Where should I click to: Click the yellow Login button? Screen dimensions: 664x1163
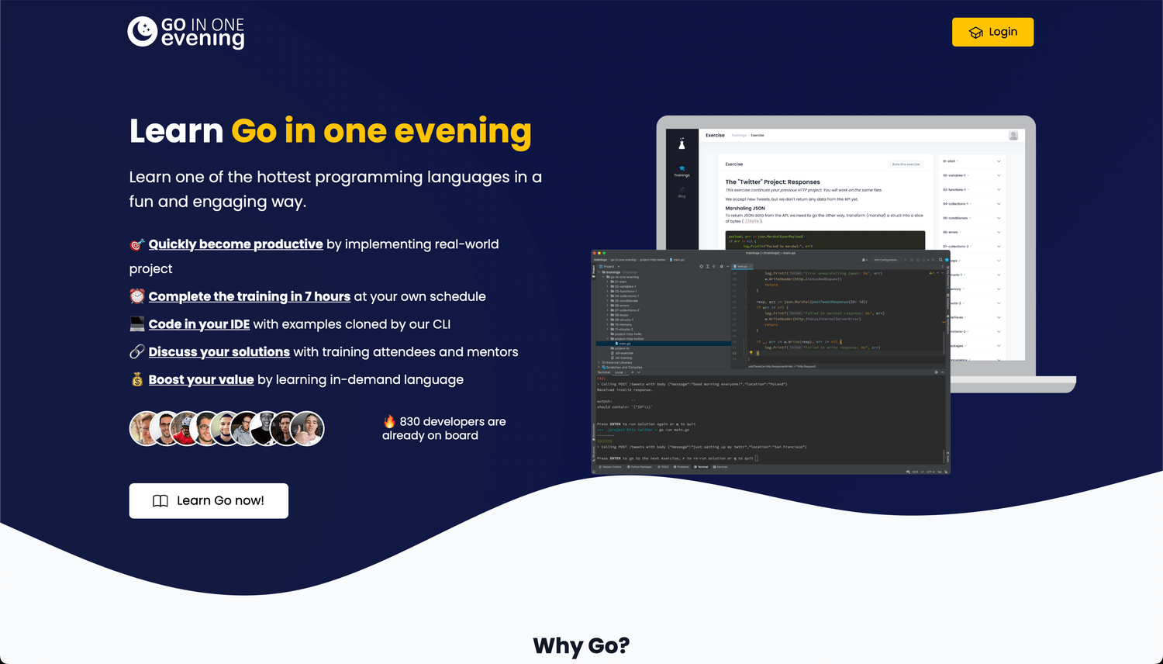[x=992, y=32]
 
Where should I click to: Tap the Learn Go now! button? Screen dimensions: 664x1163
[x=209, y=501]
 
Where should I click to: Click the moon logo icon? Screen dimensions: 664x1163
[x=143, y=32]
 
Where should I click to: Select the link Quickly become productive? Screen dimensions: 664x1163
[x=236, y=244]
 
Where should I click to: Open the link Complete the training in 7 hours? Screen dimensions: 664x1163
[x=250, y=296]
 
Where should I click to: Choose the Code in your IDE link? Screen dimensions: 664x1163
[x=199, y=324]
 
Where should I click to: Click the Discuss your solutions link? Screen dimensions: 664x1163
[x=219, y=352]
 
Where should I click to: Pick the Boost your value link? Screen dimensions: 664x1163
[x=202, y=380]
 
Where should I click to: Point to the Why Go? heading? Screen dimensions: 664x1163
[x=581, y=645]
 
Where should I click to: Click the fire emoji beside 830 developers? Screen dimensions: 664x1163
[x=389, y=421]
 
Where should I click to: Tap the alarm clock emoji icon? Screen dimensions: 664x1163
[x=137, y=296]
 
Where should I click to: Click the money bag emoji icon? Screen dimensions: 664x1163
[x=137, y=380]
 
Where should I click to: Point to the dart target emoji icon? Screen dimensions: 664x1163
[x=137, y=245]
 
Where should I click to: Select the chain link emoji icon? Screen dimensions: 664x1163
[x=137, y=352]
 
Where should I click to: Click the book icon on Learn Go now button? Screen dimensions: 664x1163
[x=160, y=501]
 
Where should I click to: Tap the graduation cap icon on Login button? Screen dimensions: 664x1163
[x=976, y=33]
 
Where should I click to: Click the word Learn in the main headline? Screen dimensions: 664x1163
[x=177, y=132]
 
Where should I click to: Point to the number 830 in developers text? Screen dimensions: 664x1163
[x=410, y=422]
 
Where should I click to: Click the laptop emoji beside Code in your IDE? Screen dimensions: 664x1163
[x=137, y=324]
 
